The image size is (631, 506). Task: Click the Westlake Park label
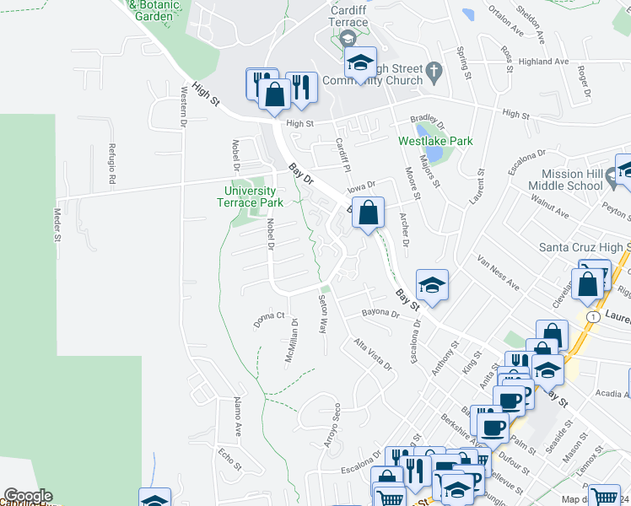tap(435, 142)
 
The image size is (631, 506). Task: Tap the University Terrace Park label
tap(250, 196)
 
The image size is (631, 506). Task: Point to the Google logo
tap(27, 496)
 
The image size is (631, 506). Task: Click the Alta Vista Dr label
tap(373, 355)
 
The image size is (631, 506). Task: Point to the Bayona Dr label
tap(380, 314)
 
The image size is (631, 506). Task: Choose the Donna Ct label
tap(269, 320)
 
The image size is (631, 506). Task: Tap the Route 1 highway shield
tap(593, 315)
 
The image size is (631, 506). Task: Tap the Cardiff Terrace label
tap(348, 16)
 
